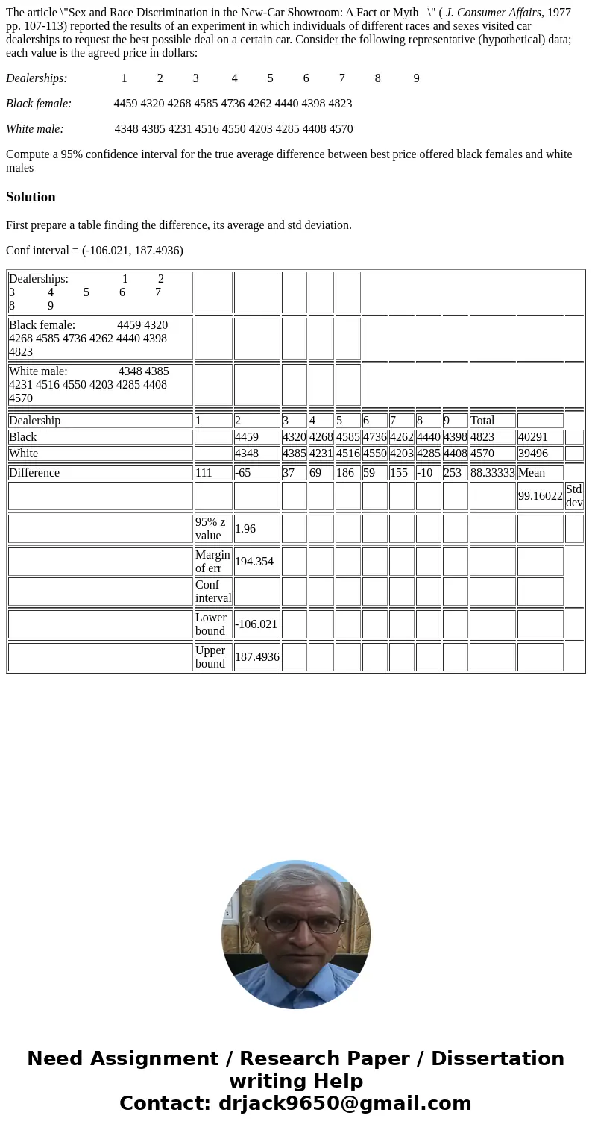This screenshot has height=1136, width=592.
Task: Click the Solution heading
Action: (31, 197)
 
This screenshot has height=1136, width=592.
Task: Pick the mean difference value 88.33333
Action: (492, 473)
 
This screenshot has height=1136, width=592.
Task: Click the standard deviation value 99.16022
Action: (540, 496)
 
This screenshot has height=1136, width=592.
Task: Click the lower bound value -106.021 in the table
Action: (256, 624)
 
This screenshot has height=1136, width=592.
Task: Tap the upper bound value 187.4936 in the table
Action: (256, 657)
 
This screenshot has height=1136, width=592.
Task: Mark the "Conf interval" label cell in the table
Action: (213, 591)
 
